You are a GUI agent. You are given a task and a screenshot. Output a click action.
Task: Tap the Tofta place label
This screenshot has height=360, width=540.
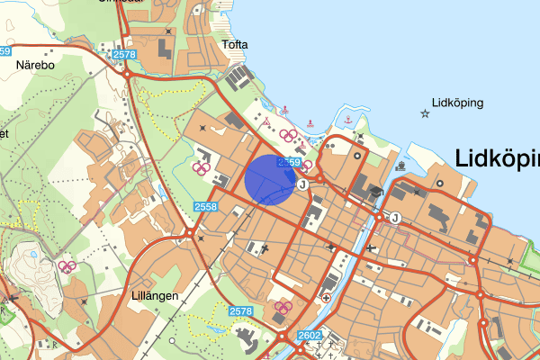(x=235, y=44)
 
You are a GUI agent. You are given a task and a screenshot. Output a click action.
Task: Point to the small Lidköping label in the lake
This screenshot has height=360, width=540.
(x=457, y=102)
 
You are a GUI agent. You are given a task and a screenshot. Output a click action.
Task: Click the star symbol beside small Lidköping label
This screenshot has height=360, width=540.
(x=425, y=113)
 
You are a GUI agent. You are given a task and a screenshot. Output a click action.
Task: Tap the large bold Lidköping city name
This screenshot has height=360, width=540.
(x=498, y=159)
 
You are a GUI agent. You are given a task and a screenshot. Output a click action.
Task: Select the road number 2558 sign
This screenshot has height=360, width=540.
(x=205, y=207)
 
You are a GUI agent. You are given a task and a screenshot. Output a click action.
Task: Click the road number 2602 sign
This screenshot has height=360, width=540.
(x=309, y=336)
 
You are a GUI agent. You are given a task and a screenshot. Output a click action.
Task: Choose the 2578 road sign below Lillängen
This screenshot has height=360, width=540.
(x=240, y=311)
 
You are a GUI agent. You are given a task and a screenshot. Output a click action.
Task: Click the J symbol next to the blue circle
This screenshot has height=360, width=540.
(x=302, y=184)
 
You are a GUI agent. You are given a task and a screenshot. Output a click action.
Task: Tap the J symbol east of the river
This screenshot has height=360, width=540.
(x=395, y=217)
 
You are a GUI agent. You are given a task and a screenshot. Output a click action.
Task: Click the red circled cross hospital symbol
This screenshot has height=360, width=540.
(x=327, y=298)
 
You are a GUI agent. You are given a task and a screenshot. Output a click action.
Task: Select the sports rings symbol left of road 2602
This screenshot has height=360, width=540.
(x=283, y=309)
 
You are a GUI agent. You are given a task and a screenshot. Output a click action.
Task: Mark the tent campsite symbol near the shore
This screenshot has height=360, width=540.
(x=265, y=121)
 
